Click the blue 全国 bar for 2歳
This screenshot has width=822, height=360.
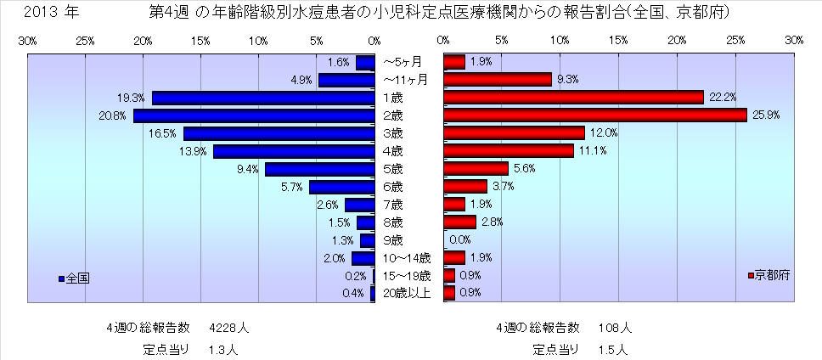point(254,115)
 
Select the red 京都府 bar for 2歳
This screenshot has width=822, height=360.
point(594,115)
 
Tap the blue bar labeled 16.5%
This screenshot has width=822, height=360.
point(279,133)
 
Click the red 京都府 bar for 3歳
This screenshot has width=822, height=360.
point(514,133)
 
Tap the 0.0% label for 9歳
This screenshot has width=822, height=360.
point(459,240)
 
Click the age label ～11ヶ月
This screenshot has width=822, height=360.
point(406,80)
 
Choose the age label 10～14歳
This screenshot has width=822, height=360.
point(408,258)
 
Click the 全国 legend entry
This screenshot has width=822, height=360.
point(74,278)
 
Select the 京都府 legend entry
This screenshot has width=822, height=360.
point(768,276)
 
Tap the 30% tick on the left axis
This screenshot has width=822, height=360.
point(26,41)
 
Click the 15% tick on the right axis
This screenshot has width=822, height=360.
point(618,41)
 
